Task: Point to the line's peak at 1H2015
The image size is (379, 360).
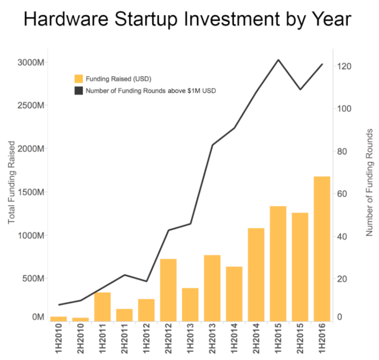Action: (278, 60)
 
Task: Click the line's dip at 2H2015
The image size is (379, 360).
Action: (300, 89)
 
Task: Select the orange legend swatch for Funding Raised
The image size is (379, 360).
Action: (78, 78)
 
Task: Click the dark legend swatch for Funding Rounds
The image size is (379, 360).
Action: (78, 91)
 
